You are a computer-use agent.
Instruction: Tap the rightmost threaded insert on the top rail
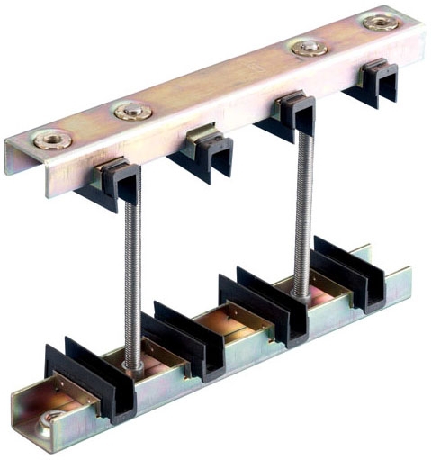(x=381, y=22)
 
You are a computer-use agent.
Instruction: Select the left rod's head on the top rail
(x=132, y=112)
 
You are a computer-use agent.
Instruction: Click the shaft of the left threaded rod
(x=131, y=270)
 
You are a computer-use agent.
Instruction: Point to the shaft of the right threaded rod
(x=300, y=207)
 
